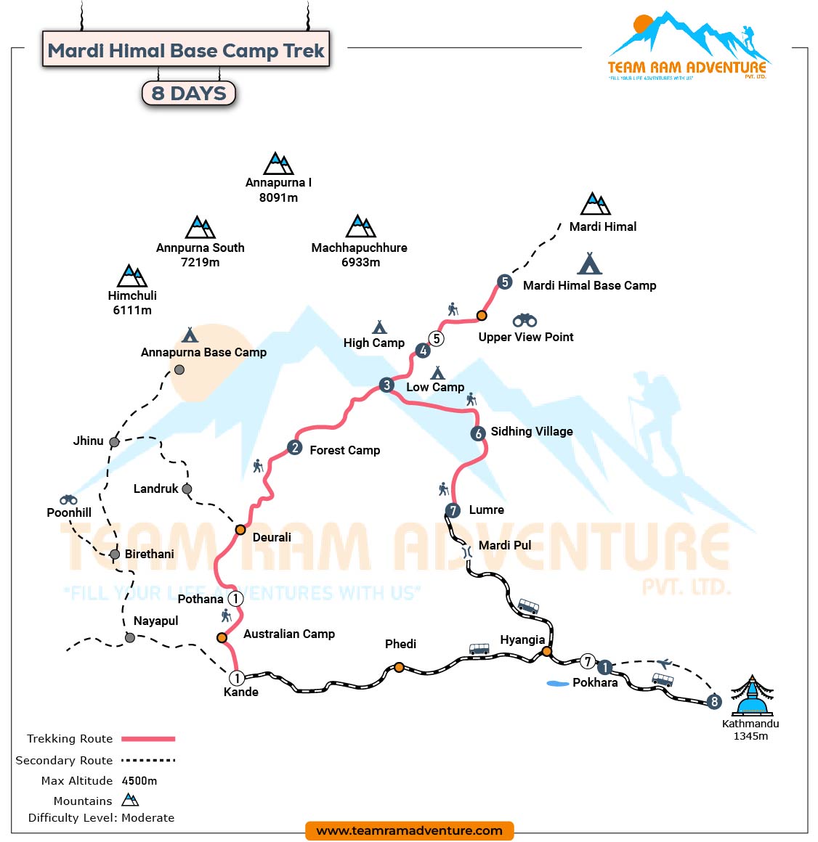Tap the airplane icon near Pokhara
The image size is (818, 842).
[x=664, y=663]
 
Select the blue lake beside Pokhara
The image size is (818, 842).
[x=557, y=683]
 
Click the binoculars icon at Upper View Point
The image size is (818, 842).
[x=525, y=320]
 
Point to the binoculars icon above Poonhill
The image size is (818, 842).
[x=68, y=499]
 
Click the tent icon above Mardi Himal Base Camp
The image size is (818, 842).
[x=589, y=263]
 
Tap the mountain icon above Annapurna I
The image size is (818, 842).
[x=278, y=164]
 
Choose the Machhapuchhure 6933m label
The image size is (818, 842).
[x=360, y=255]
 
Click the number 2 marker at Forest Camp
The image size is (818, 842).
[x=294, y=447]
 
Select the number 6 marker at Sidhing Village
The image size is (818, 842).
[x=477, y=433]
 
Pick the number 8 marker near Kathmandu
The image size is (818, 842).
[x=714, y=701]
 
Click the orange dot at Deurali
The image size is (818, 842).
[x=240, y=530]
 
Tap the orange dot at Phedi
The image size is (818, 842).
[x=399, y=667]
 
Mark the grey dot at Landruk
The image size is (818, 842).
[x=187, y=489]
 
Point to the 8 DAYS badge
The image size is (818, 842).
[x=189, y=93]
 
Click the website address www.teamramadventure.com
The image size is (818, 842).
[x=409, y=830]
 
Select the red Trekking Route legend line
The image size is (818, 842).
[x=148, y=739]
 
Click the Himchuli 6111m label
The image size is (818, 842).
[x=132, y=303]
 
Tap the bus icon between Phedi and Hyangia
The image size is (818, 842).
[x=479, y=648]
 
